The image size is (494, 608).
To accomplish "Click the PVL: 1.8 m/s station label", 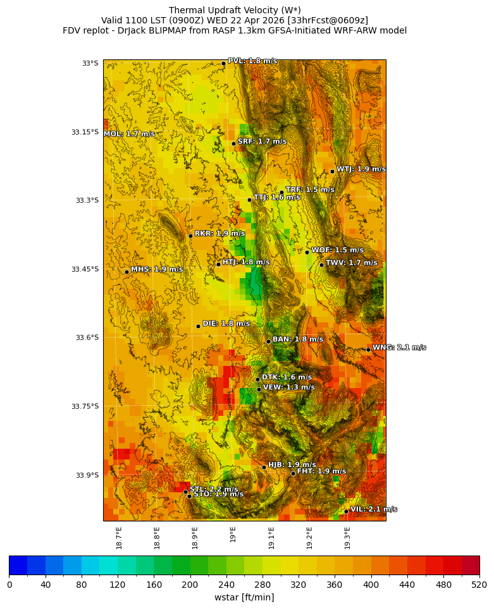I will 252,61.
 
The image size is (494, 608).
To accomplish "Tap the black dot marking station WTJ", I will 332,171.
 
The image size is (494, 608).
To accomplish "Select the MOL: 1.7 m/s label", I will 129,134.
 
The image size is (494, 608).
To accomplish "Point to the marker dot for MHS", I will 127,272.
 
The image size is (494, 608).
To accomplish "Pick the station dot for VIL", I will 346,511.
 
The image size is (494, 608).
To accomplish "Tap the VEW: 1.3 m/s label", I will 288,387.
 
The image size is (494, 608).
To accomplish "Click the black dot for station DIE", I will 198,326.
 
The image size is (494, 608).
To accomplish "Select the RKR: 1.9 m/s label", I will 219,233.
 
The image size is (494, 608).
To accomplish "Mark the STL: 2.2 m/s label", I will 213,489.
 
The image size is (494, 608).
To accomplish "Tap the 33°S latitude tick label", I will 90,63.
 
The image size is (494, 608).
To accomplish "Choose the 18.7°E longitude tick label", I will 119,537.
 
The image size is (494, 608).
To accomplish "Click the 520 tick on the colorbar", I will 479,585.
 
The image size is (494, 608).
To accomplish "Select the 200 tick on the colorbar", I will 190,585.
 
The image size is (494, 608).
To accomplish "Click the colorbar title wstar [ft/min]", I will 244,597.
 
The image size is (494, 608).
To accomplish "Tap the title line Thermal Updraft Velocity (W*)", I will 235,10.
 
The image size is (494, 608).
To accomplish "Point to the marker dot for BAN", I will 268,341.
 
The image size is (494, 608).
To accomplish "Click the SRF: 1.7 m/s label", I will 262,142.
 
